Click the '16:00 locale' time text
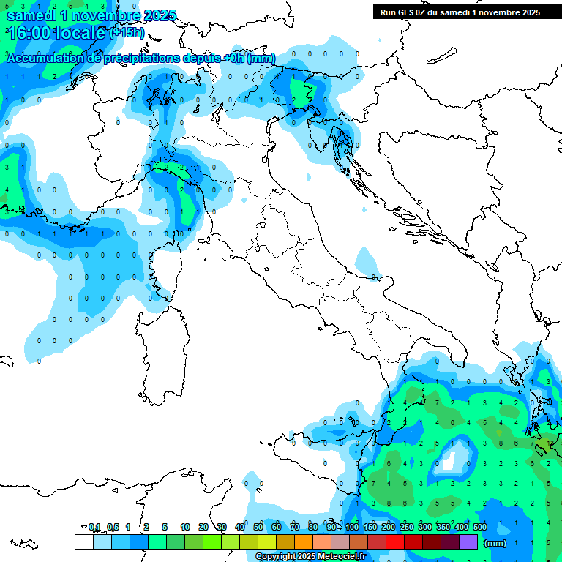56,33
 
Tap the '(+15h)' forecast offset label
127,33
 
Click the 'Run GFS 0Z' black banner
460,12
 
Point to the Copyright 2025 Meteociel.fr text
310,557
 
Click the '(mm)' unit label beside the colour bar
495,543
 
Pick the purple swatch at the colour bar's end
468,542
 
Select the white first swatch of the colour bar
84,542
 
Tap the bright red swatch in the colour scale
395,542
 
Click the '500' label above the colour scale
480,527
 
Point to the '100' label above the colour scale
352,527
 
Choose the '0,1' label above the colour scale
94,527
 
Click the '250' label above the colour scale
407,527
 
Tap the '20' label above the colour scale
203,527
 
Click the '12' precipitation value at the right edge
550,443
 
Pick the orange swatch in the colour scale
304,542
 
